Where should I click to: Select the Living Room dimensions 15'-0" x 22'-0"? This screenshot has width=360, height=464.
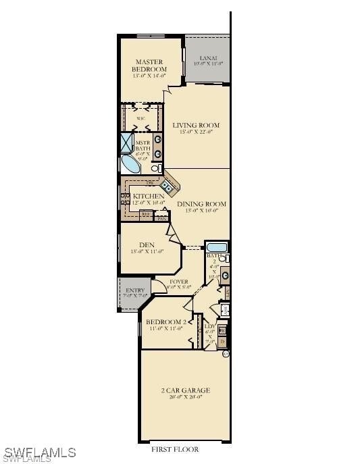coord(196,132)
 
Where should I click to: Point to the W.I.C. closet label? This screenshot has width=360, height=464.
coord(141,119)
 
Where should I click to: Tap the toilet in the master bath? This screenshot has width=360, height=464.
coord(156,168)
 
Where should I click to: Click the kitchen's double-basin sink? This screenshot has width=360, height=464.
coord(166,182)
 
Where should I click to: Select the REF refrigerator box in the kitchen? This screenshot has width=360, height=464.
coord(145,214)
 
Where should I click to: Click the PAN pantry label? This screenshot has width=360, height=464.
coord(161,218)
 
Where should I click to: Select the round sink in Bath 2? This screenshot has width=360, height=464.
coord(225,275)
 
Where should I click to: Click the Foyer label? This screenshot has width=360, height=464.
coord(179,281)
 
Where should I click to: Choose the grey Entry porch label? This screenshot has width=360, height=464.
coord(135,291)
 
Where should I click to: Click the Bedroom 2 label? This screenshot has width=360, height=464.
coord(166,321)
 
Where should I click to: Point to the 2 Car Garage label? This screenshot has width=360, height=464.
coord(184,390)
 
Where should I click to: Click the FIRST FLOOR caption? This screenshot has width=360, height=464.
coord(174,449)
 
